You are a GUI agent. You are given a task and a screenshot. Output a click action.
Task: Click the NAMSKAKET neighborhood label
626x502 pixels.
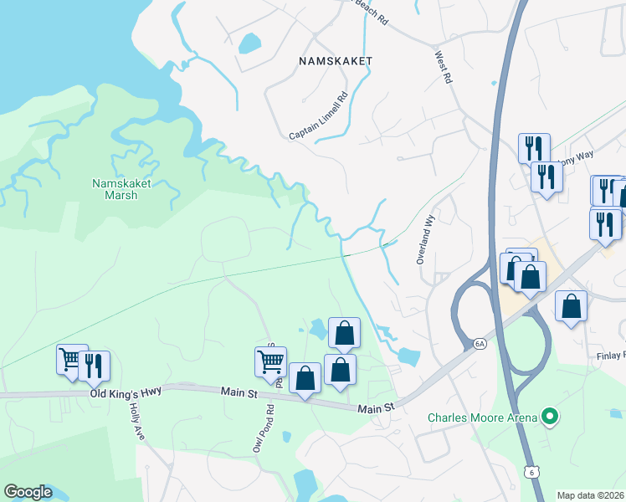336,61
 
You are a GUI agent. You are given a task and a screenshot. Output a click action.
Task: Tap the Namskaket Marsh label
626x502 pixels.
114,189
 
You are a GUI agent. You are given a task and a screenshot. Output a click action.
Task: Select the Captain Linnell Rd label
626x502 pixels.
318,116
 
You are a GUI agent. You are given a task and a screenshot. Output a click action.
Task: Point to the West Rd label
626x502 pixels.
443,67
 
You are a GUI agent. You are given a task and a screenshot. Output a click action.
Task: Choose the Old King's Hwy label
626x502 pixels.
126,392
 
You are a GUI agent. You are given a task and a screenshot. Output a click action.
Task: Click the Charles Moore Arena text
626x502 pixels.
481,417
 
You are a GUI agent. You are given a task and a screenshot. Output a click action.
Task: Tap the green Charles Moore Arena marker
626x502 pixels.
549,415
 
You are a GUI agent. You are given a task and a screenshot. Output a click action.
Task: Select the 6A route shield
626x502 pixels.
480,342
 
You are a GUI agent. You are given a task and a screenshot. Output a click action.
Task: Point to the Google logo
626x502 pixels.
28,492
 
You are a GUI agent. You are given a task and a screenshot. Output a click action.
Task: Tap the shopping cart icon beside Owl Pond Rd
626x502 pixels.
270,361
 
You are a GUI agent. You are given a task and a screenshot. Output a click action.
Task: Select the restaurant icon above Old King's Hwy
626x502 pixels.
95,365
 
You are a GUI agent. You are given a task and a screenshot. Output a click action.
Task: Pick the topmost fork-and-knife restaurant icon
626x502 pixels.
533,148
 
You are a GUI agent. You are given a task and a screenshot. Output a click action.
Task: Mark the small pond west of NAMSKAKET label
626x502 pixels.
250,43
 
